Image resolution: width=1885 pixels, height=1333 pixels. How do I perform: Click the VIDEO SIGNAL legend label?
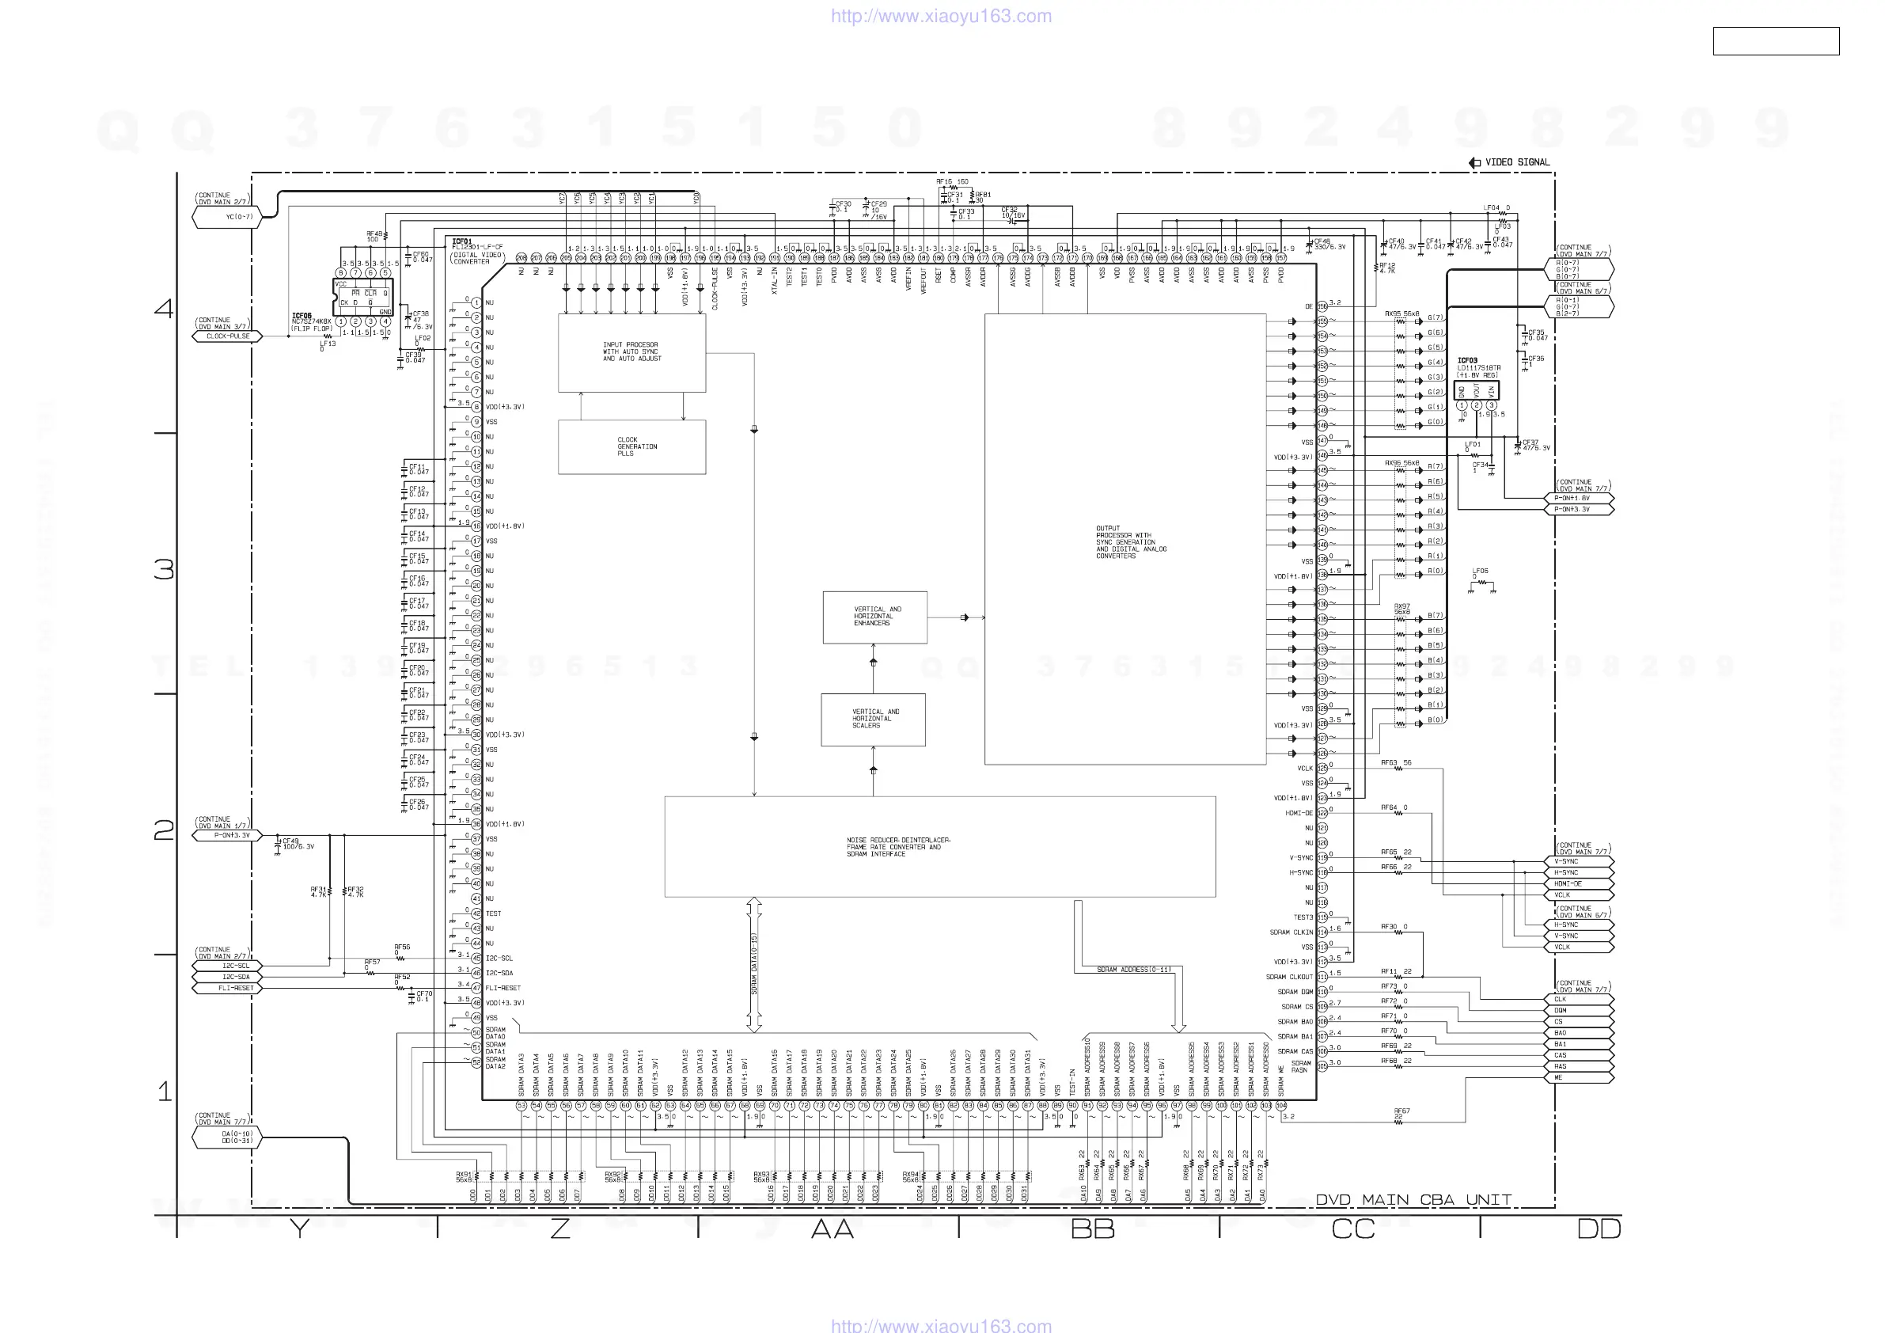click(x=1516, y=162)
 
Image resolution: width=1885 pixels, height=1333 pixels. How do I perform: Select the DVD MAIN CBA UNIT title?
click(x=1413, y=1200)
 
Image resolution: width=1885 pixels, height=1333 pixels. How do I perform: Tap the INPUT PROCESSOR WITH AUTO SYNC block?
click(x=631, y=351)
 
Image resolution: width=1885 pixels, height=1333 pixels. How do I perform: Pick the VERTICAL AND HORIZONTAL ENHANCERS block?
click(x=875, y=616)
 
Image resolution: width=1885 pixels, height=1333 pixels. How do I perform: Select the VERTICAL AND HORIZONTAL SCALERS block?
click(x=874, y=719)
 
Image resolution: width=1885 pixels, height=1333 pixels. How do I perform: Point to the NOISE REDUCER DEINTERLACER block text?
click(x=898, y=847)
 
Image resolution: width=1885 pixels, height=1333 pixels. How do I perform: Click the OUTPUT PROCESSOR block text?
click(x=1130, y=542)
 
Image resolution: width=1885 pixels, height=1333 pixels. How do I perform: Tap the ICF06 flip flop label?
click(x=302, y=315)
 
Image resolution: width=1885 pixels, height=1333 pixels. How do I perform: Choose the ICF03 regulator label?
click(x=1467, y=360)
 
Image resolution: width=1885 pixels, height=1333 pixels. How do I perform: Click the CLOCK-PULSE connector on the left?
click(x=227, y=336)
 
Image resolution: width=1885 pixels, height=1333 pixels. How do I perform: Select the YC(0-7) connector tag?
click(x=238, y=217)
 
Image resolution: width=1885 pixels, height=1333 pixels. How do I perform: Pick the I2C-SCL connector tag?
click(x=235, y=966)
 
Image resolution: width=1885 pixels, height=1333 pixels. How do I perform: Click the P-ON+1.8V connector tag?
click(x=1572, y=498)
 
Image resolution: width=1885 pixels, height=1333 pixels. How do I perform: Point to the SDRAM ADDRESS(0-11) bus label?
click(x=1134, y=970)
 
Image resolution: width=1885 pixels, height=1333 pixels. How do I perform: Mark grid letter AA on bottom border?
click(x=833, y=1229)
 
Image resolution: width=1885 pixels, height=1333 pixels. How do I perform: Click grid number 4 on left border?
click(x=164, y=309)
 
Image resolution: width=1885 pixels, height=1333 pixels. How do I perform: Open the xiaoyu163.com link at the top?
click(x=941, y=16)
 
